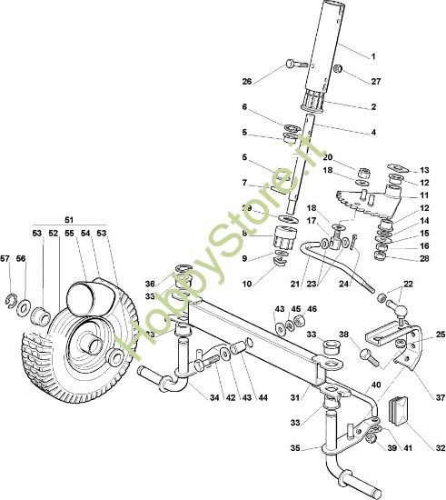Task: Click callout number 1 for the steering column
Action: (373, 56)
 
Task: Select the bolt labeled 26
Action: (296, 64)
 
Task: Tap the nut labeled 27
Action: (338, 68)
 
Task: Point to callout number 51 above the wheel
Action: (69, 220)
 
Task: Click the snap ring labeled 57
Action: (11, 300)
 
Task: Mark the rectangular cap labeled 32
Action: (398, 411)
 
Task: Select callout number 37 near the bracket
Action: (440, 397)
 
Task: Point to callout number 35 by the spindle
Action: (295, 448)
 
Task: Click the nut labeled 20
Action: (364, 174)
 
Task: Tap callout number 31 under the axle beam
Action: (294, 397)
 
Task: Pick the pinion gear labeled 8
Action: (285, 237)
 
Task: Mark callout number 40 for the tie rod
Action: (376, 385)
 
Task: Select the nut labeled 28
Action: (380, 255)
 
